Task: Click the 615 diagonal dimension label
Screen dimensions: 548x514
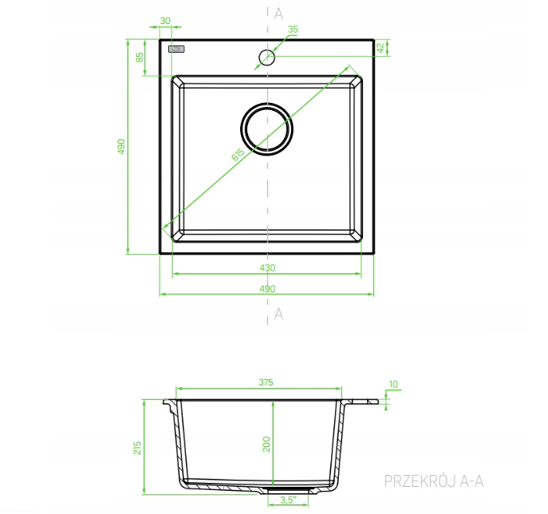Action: pos(238,155)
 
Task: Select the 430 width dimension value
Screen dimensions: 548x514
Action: pos(267,268)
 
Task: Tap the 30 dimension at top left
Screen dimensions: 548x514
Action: pos(165,21)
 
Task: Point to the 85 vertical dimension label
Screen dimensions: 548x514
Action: pos(140,57)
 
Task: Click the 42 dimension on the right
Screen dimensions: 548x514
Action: pos(380,48)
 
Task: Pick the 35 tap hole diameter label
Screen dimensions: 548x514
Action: pos(293,30)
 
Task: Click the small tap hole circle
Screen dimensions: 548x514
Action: pos(266,57)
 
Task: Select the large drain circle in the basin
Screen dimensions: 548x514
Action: pos(266,128)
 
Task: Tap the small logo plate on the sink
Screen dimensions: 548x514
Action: pos(176,49)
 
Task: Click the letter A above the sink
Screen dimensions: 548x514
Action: pos(278,14)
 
